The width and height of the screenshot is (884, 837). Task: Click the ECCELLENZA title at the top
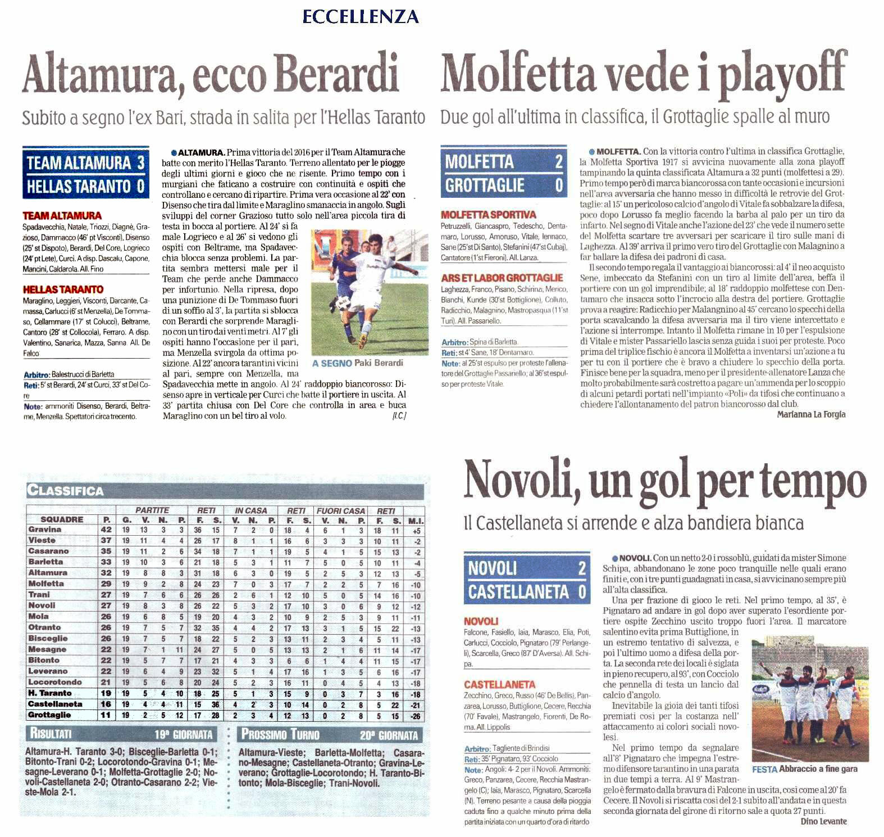click(x=361, y=17)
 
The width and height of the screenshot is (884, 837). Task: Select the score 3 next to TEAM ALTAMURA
click(x=140, y=163)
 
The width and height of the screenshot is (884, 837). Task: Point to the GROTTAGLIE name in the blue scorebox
click(x=485, y=186)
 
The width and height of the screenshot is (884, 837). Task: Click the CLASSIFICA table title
click(x=66, y=491)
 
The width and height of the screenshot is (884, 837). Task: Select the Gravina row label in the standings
click(x=45, y=530)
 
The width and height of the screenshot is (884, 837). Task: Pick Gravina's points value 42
click(x=106, y=530)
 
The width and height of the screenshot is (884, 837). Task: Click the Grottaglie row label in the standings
click(x=49, y=715)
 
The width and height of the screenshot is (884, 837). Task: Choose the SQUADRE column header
click(x=62, y=520)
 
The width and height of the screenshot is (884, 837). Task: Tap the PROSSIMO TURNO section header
click(x=280, y=734)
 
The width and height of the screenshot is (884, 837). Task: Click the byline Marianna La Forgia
click(x=811, y=414)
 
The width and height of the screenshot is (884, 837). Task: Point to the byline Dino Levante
click(x=823, y=821)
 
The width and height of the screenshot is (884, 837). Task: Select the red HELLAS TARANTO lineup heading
click(x=63, y=289)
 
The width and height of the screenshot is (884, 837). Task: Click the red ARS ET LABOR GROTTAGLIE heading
click(x=502, y=278)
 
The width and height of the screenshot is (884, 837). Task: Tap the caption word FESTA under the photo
click(x=764, y=770)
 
